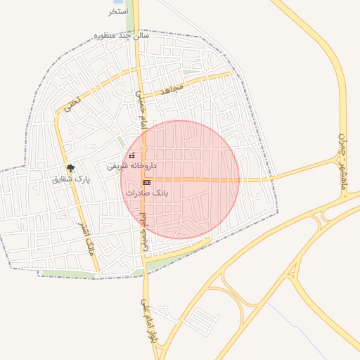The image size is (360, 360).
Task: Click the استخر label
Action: pyautogui.click(x=118, y=12)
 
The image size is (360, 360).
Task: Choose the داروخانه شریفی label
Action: pyautogui.click(x=131, y=167)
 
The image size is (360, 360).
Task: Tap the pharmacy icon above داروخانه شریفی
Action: pyautogui.click(x=131, y=155)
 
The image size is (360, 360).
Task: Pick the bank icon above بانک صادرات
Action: pyautogui.click(x=146, y=181)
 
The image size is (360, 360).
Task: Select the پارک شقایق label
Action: pyautogui.click(x=72, y=179)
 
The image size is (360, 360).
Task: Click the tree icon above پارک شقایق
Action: pyautogui.click(x=70, y=168)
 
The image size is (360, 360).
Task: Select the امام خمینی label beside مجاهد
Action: pyautogui.click(x=143, y=105)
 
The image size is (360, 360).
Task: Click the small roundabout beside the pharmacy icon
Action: pyautogui.click(x=141, y=156)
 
